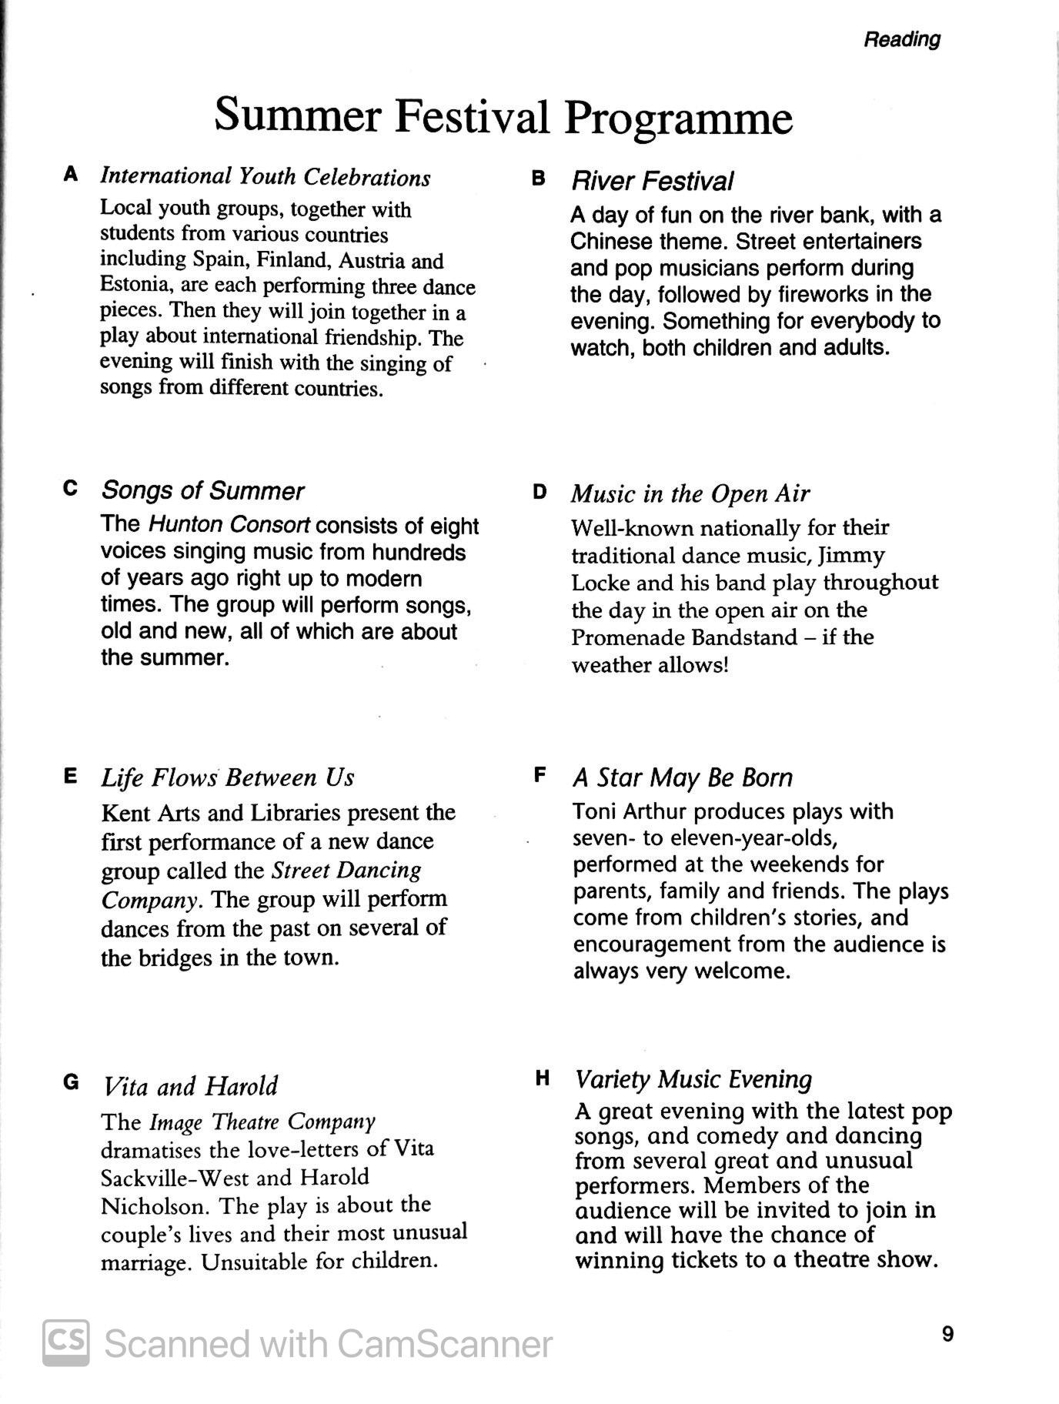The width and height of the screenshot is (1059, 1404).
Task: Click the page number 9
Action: pos(947,1333)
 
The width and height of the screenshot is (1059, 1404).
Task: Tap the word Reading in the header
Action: pos(901,39)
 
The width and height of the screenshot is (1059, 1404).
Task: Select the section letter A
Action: pos(71,174)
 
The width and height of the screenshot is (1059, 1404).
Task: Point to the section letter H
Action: pos(542,1078)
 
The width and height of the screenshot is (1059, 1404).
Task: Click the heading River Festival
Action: pos(651,182)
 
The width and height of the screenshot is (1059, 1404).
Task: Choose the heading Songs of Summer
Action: pos(202,490)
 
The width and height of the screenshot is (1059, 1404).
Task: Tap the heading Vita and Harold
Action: pos(190,1086)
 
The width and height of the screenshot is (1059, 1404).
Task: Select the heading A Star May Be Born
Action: pos(682,777)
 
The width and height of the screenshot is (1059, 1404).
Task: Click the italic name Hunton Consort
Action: pos(229,525)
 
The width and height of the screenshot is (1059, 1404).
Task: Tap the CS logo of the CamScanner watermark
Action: pos(65,1343)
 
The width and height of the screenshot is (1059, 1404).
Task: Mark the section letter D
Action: pos(540,492)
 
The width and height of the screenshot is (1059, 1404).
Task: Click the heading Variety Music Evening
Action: pos(693,1079)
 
